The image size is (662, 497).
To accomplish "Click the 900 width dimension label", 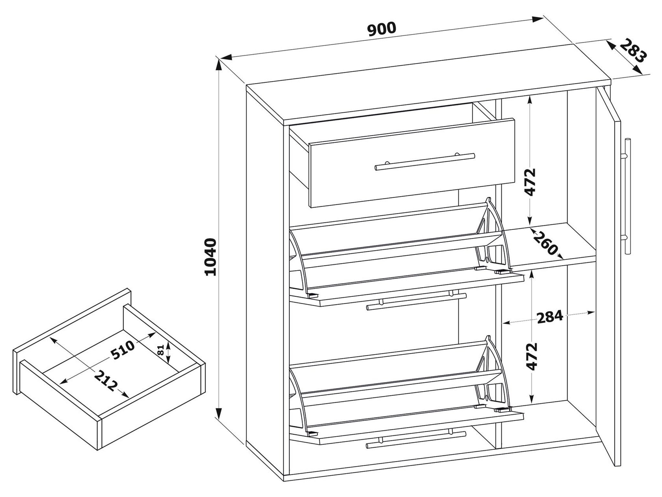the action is (381, 29).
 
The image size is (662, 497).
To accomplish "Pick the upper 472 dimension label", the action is (530, 182).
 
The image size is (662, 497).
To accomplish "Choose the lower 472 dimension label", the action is (531, 356).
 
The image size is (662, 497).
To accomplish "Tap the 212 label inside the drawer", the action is (105, 381).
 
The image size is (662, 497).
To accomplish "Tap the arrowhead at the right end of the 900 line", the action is (537, 19).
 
